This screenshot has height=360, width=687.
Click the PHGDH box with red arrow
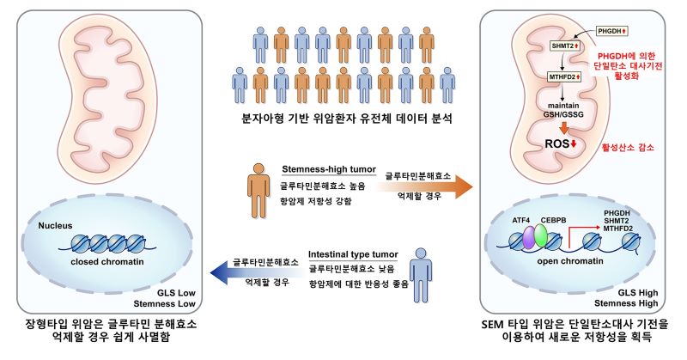point(612,31)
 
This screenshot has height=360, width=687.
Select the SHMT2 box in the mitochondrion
point(565,46)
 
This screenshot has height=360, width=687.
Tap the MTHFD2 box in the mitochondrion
point(565,77)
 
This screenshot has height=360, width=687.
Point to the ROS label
point(561,143)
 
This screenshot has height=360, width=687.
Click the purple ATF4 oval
point(530,237)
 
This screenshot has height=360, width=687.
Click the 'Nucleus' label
point(55,226)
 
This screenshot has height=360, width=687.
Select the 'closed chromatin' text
point(107,262)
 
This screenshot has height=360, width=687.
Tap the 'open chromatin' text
point(570,261)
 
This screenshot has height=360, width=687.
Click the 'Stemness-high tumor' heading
point(329,169)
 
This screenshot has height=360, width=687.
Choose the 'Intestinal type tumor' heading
point(353,254)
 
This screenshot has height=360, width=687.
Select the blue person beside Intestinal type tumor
point(421,275)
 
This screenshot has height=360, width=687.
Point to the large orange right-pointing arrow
point(423,187)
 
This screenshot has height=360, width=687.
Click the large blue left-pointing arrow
point(259,272)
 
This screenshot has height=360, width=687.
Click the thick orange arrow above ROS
point(564,128)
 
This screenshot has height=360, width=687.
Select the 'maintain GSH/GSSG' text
point(563,110)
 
